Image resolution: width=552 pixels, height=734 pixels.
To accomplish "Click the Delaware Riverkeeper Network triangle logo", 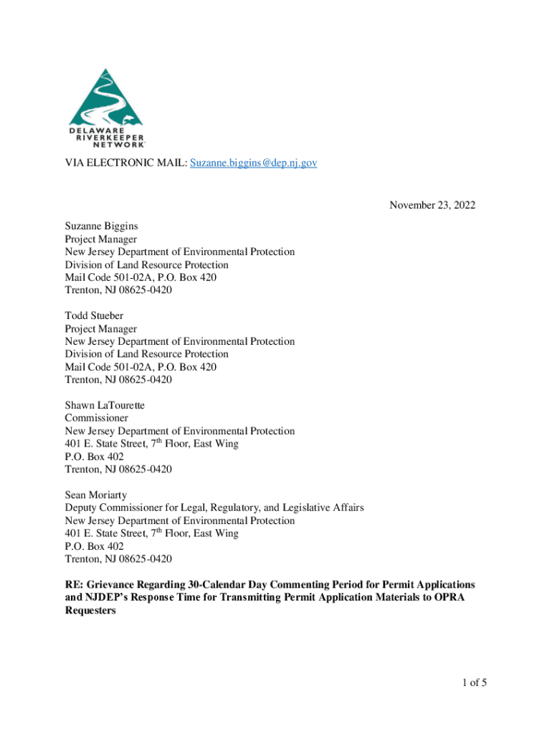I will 105,97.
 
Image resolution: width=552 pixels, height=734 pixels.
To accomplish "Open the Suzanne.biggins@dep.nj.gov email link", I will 254,163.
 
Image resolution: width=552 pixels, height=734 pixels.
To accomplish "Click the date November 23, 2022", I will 432,206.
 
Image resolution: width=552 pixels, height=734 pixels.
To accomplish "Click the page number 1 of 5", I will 470,682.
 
